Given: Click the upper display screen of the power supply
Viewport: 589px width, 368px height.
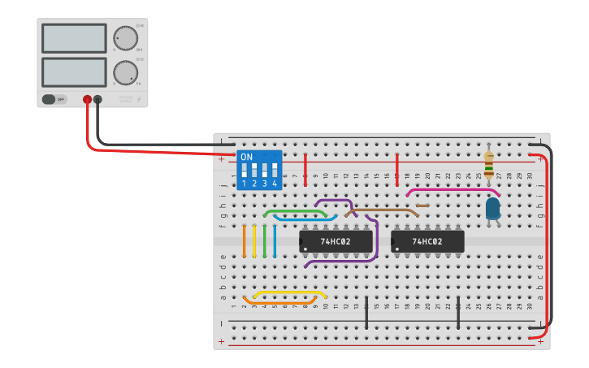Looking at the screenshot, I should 74,38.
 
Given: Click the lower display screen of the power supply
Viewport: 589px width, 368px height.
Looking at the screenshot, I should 74,71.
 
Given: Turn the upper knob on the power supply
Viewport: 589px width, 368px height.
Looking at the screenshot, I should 125,38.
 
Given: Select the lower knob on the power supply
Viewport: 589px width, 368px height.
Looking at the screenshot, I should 125,72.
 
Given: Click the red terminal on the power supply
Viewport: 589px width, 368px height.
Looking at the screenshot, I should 87,100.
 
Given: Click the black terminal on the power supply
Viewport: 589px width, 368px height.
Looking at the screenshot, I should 97,100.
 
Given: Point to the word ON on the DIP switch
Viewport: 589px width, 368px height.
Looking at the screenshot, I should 246,157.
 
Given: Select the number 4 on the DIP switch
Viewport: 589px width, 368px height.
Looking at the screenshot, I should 275,184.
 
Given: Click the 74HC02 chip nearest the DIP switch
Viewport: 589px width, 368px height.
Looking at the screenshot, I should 336,241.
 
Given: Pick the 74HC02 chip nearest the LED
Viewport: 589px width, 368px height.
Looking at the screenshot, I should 427,241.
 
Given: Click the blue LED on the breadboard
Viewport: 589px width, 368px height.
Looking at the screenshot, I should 492,209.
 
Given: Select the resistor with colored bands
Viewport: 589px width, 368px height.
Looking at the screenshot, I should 488,164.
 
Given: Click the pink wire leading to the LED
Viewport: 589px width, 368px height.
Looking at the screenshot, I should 451,190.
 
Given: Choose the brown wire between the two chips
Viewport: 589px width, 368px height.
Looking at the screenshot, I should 382,210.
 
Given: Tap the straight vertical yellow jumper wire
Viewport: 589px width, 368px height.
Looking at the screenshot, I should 254,240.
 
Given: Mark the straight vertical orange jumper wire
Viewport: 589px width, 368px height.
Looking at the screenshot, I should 244,240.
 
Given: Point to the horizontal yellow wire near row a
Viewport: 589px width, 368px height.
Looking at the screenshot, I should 290,292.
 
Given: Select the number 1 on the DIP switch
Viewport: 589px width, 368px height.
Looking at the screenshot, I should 244,184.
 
